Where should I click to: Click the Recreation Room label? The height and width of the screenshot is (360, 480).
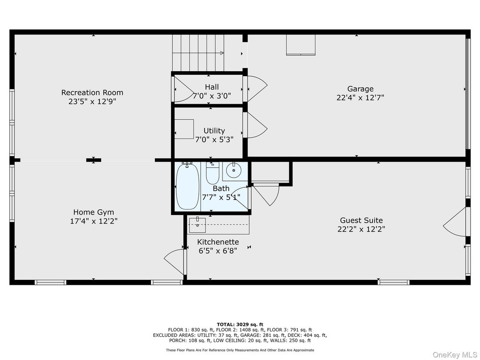[x=92, y=92]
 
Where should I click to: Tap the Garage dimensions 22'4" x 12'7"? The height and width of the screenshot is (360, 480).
[x=360, y=98]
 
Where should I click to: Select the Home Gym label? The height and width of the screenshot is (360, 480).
[x=94, y=212]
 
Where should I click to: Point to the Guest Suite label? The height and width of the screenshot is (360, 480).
[x=361, y=220]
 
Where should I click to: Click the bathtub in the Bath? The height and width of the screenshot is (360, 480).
[x=188, y=186]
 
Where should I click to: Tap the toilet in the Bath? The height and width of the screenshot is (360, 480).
[x=212, y=173]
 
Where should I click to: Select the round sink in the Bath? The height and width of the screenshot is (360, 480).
[x=234, y=170]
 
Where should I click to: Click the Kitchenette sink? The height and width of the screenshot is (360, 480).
[x=197, y=225]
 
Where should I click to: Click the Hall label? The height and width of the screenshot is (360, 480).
[x=212, y=87]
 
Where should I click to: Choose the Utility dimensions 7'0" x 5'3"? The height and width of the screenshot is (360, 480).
[x=214, y=140]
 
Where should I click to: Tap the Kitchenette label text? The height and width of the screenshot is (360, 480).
[x=218, y=242]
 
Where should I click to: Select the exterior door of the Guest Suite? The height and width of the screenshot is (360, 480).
[x=455, y=222]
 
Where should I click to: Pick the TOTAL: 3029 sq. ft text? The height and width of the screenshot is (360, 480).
[x=240, y=325]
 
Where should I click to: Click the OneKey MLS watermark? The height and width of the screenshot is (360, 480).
[x=454, y=355]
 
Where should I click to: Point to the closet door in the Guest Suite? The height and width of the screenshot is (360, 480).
[x=266, y=194]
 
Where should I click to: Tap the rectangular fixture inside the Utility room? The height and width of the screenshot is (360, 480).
[x=184, y=129]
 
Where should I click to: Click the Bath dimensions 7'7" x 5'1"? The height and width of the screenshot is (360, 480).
[x=221, y=197]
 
